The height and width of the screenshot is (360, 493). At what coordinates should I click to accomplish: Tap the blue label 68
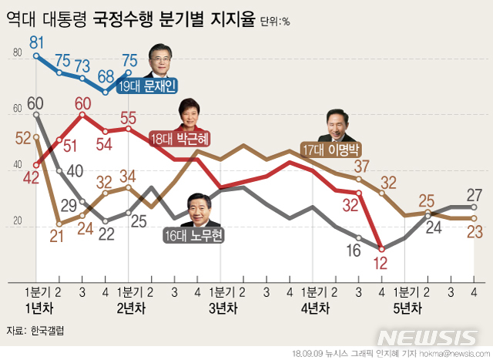click(106, 76)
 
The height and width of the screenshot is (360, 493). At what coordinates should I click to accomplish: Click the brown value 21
click(56, 237)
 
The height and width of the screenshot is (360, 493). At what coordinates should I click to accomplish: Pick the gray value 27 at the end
click(475, 193)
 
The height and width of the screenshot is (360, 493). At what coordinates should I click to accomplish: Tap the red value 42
click(32, 177)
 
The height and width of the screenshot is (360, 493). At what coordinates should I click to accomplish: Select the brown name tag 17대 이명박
click(332, 146)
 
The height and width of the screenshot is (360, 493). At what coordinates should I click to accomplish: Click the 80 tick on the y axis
click(17, 53)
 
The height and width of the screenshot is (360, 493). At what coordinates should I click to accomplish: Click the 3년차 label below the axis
click(222, 308)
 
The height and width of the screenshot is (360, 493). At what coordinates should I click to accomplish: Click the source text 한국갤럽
click(49, 331)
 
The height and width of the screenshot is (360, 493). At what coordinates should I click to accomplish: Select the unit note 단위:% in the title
click(274, 22)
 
